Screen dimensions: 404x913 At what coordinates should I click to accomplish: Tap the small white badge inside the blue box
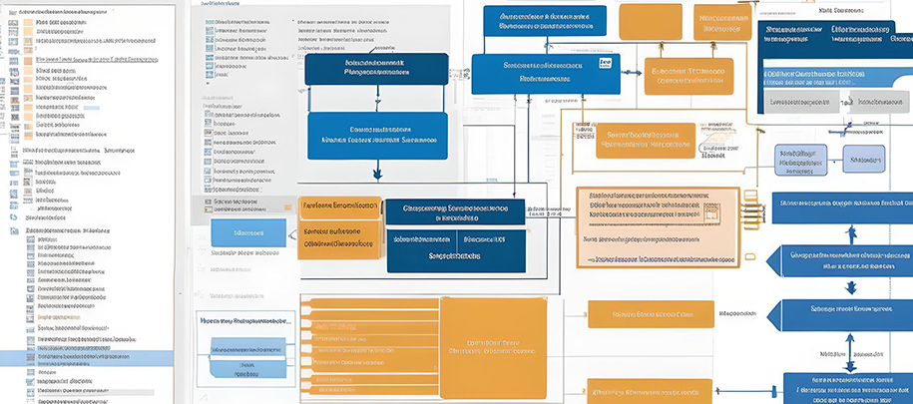605,62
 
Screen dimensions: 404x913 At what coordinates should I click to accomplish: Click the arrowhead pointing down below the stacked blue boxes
377,174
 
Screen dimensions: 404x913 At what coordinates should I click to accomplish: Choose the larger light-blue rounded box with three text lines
800,160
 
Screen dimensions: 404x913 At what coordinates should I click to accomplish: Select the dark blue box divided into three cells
455,235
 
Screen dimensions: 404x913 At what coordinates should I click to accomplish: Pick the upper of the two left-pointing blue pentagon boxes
838,259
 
